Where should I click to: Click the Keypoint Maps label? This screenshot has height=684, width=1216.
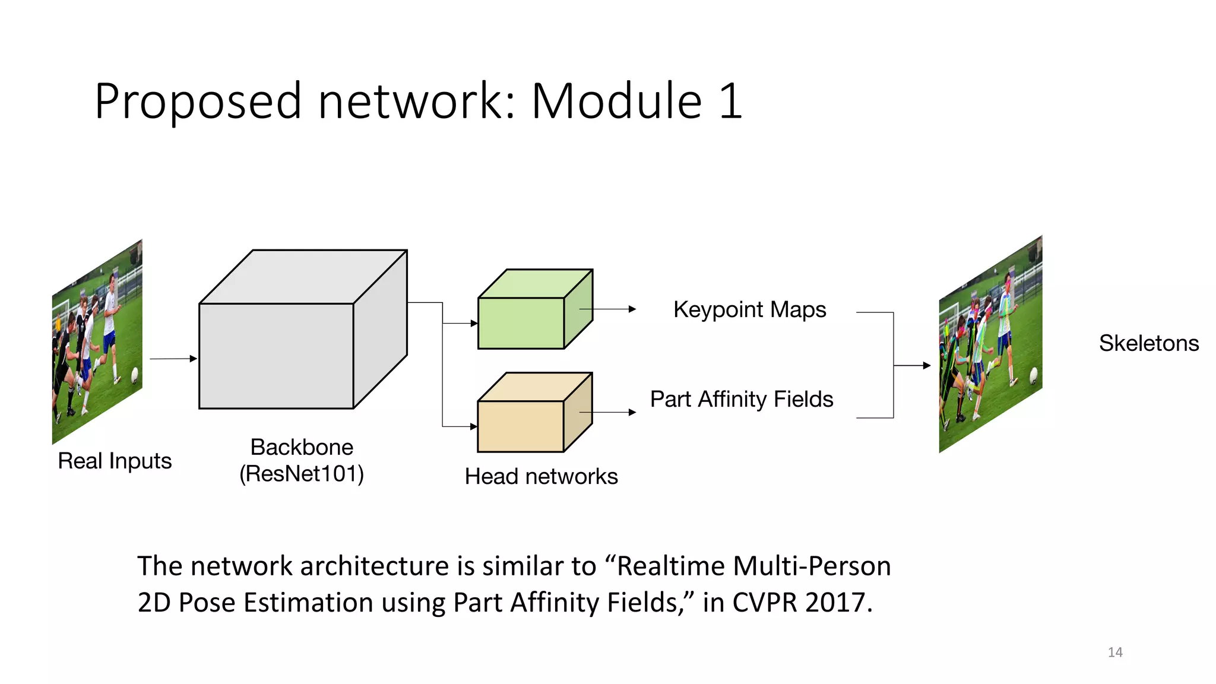[749, 310]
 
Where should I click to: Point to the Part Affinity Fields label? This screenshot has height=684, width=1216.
[742, 400]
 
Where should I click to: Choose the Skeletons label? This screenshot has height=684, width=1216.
[1148, 343]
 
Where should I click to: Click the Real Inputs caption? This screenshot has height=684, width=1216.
[115, 461]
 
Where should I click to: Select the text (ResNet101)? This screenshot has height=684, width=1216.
[302, 474]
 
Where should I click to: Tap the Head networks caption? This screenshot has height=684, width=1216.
[541, 477]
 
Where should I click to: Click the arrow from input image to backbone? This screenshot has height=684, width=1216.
[173, 359]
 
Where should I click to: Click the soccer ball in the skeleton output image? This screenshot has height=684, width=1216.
[1033, 375]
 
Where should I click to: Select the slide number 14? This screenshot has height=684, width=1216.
[1114, 653]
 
